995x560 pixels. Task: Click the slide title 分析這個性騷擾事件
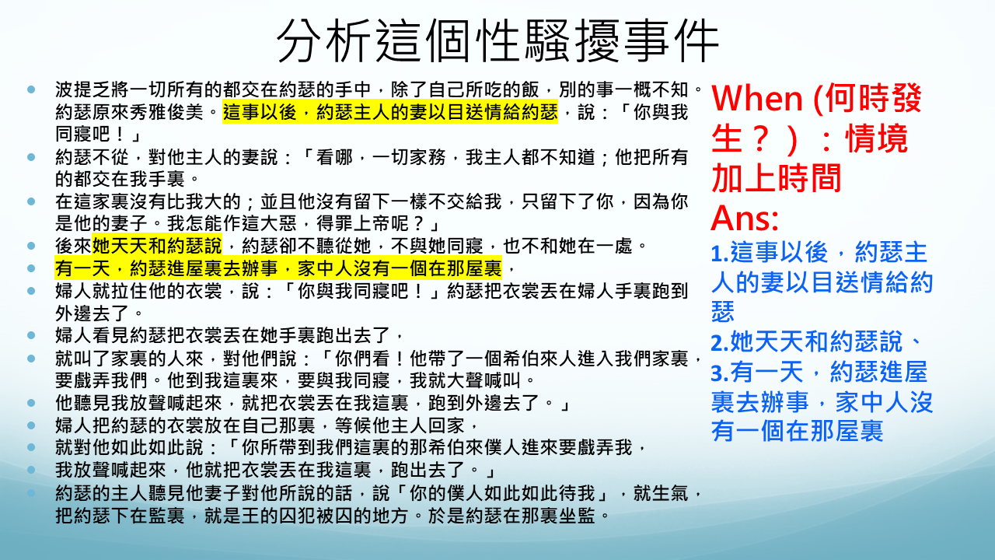pos(497,41)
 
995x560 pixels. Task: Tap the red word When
pos(757,98)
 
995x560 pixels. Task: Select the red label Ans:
pos(745,219)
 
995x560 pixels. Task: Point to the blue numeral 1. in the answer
pos(720,253)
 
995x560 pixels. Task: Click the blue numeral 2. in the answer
pos(720,343)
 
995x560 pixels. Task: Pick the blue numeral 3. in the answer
pos(720,373)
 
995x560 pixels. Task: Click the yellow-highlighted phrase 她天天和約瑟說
pos(157,246)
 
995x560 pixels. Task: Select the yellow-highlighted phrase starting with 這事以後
pos(390,111)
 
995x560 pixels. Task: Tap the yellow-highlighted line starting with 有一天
pos(278,268)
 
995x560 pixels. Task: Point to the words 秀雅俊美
pos(166,112)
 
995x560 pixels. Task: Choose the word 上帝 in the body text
pos(372,223)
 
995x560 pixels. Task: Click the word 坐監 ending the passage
pos(577,516)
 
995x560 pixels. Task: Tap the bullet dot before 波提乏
pos(31,89)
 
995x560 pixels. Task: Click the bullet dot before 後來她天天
pos(31,246)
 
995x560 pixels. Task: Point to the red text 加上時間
pos(777,178)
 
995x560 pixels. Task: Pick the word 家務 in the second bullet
pos(428,157)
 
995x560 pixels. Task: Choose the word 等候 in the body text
pos(353,425)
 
